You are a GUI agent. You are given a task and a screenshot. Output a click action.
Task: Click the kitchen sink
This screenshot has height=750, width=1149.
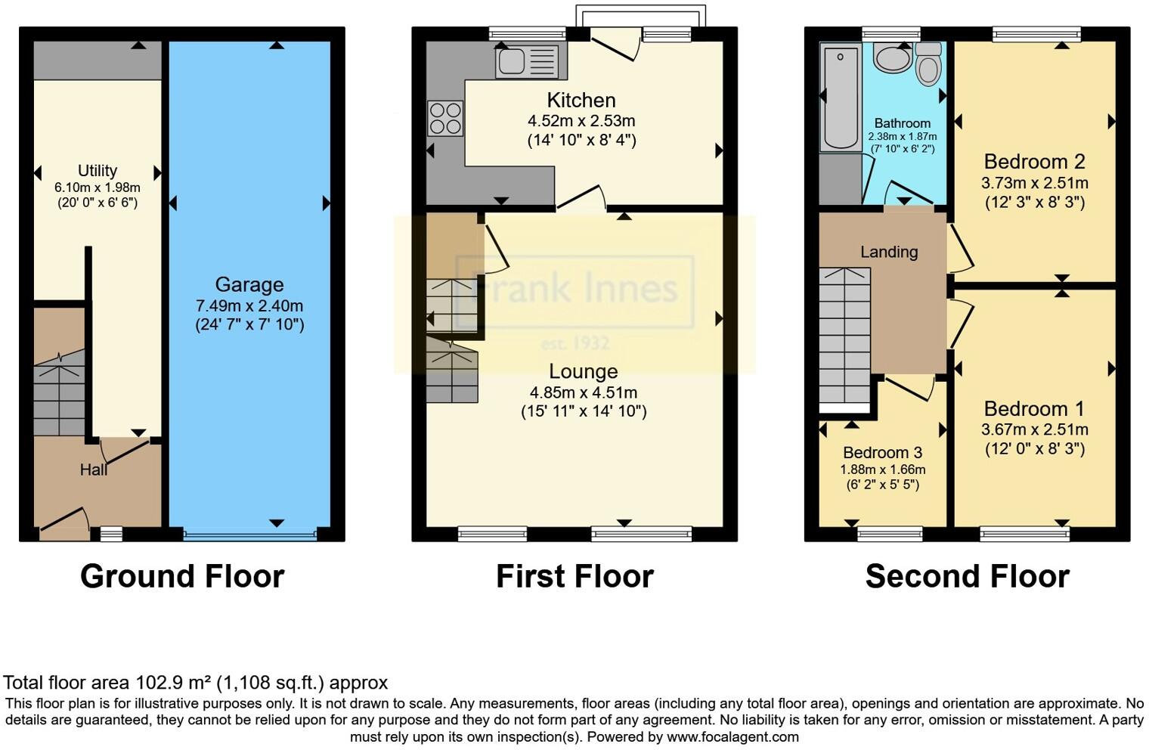coord(527,60)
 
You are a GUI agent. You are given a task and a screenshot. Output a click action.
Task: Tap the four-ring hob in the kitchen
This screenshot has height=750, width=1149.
coord(445,119)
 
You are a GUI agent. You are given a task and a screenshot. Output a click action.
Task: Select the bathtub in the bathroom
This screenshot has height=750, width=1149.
coord(840,98)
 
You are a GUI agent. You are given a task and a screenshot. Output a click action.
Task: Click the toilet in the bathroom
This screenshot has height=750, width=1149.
coord(928,64)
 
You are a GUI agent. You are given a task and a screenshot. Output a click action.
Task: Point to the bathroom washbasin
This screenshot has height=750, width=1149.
coord(892,57)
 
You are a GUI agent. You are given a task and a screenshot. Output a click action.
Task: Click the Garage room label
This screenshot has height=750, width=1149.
coord(249,284)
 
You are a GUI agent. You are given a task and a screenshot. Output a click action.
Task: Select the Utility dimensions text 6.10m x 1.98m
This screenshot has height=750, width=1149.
coord(98,187)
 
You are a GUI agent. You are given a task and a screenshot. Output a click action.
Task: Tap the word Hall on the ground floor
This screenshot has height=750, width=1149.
coord(94,470)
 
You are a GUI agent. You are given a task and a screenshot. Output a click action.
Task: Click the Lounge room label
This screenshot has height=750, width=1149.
coord(583,371)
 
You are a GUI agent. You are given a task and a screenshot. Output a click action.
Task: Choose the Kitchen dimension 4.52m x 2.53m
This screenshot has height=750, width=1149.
coord(581,120)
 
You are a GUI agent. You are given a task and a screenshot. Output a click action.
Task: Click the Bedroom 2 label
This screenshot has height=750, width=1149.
coord(1034,161)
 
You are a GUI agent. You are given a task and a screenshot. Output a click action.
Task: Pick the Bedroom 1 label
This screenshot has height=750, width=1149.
coord(1034,408)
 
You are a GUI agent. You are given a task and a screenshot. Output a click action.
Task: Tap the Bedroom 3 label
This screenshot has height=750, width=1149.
coord(882,452)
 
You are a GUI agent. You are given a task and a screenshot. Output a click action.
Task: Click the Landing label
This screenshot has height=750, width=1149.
coord(889,252)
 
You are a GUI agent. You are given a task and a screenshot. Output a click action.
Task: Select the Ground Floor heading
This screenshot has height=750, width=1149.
coord(182,576)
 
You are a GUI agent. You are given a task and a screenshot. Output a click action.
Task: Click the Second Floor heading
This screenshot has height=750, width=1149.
coord(967,576)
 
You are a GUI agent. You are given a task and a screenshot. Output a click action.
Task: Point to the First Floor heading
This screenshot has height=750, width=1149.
coord(574,576)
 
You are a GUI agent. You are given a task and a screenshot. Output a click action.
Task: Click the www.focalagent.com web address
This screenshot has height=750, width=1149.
coord(732,736)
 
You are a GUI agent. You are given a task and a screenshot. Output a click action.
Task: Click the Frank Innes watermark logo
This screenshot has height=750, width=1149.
coord(574,291)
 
